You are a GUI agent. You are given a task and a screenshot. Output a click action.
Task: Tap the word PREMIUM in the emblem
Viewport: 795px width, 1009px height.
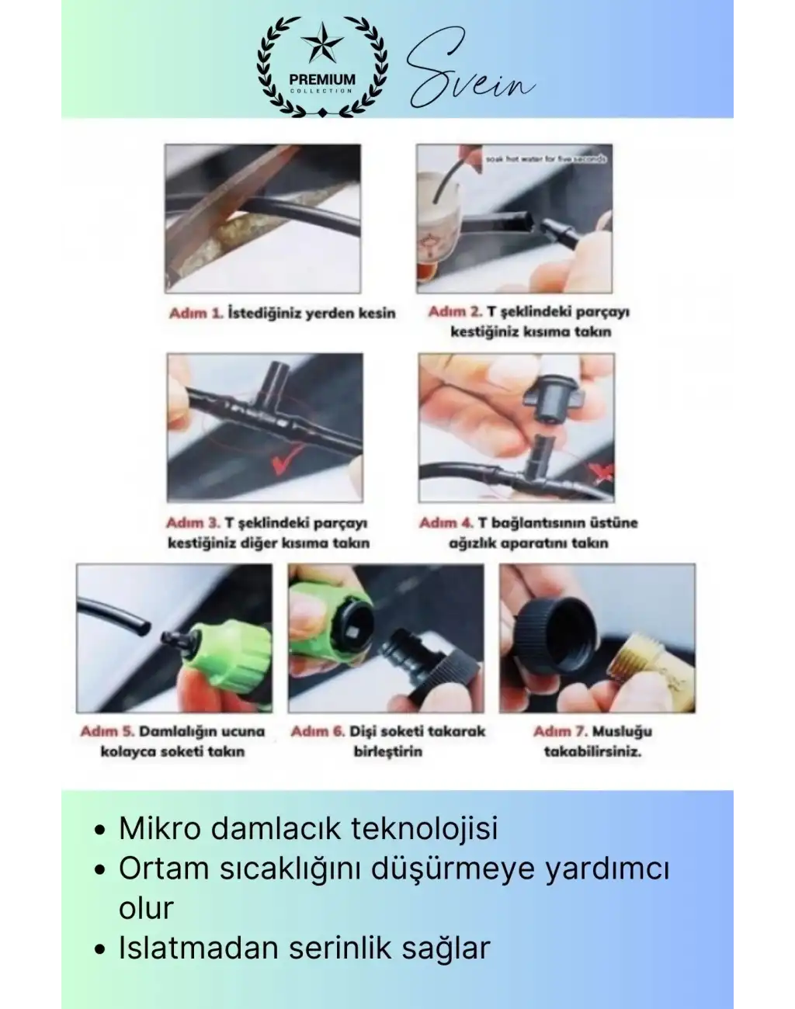click(322, 79)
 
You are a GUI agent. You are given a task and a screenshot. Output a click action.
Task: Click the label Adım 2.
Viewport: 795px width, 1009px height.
click(455, 312)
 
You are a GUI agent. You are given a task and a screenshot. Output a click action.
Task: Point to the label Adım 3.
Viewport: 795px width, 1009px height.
click(193, 523)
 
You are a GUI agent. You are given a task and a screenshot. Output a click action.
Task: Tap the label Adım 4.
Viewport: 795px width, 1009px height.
click(446, 523)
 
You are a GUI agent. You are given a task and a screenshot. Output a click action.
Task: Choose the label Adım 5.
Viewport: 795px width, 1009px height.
click(108, 731)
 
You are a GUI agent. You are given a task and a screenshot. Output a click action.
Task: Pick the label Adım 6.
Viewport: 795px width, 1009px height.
click(318, 731)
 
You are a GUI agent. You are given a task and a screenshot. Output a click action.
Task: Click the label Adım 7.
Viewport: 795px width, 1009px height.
click(560, 731)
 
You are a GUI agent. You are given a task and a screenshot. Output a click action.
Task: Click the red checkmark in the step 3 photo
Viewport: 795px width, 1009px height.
click(277, 465)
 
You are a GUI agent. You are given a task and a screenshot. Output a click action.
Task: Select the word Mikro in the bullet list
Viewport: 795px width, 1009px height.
click(161, 828)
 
